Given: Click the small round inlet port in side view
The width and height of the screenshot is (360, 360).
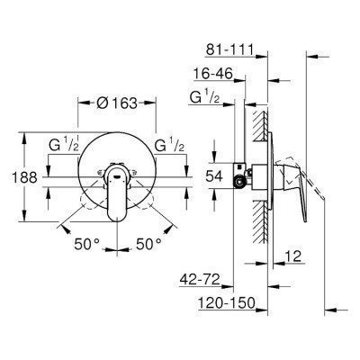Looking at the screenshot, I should [x=238, y=184].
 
